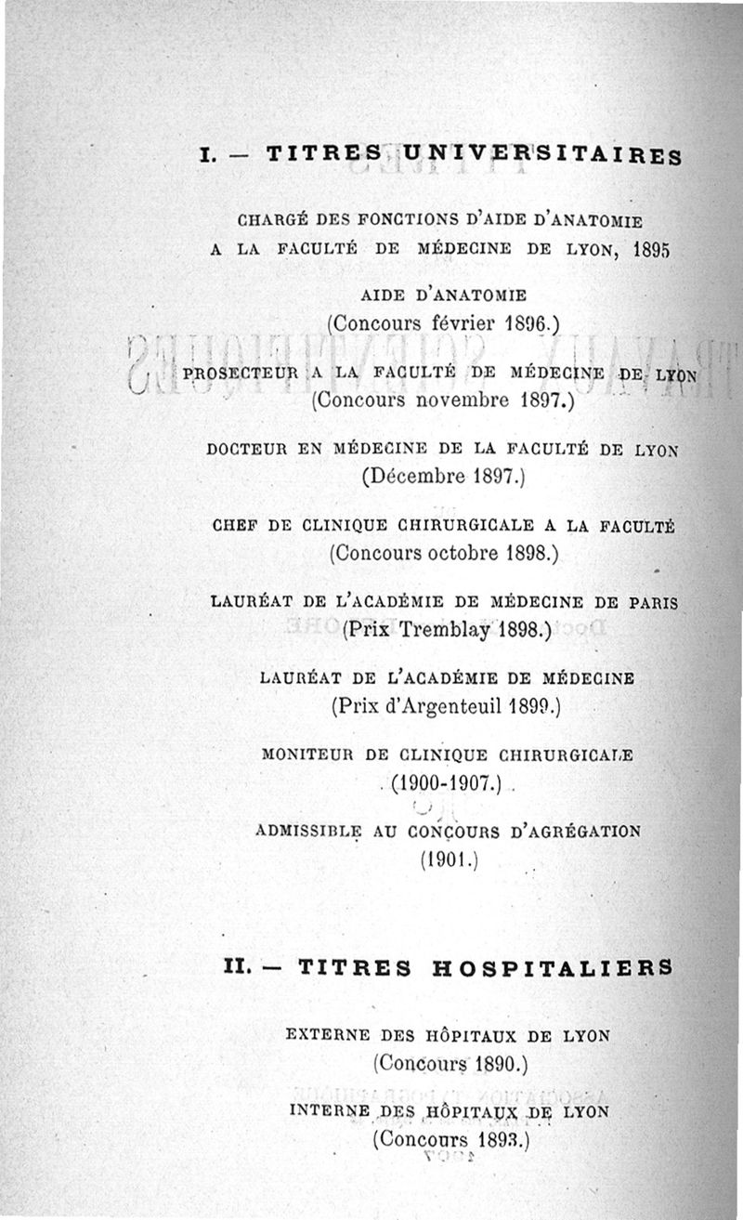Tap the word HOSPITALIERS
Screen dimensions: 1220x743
pos(552,967)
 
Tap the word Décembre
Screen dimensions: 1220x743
pos(414,478)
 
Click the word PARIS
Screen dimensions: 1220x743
pos(653,602)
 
